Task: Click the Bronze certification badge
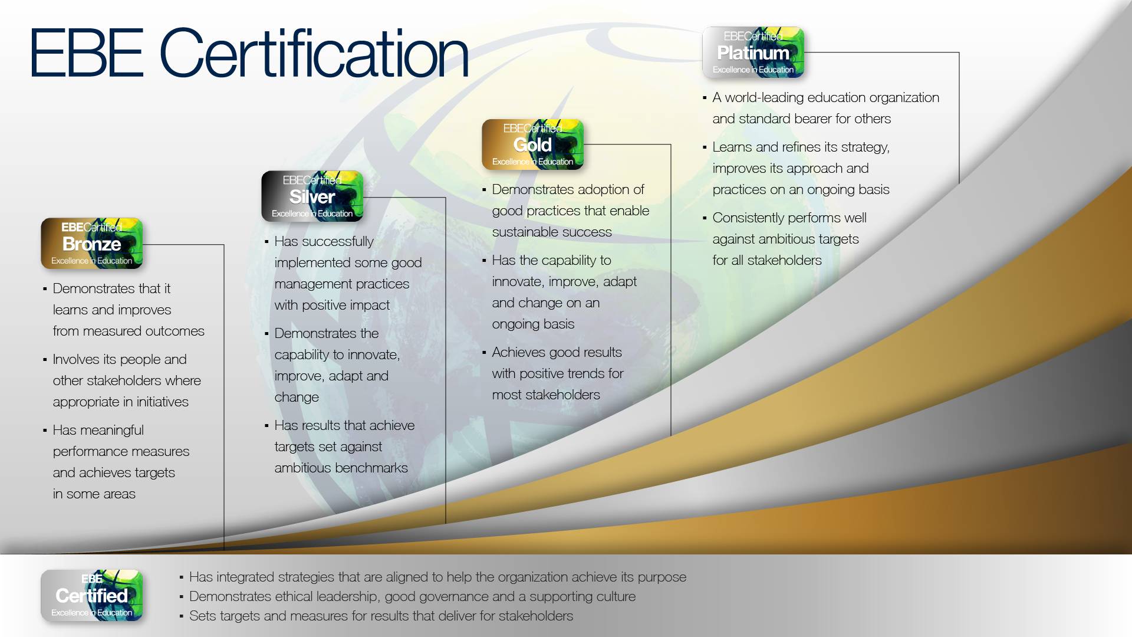pos(91,244)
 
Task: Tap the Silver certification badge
pos(312,196)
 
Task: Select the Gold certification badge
pos(532,145)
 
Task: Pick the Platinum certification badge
pos(753,52)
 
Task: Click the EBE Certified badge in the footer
pos(91,596)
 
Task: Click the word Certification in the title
pos(314,54)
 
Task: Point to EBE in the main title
pos(87,52)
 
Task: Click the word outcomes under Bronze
pos(175,331)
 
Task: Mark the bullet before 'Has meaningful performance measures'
pos(45,431)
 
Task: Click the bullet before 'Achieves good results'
pos(484,353)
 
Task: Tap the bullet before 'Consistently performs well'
pos(705,218)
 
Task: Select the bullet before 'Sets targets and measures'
pos(181,616)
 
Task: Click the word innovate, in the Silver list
pos(374,354)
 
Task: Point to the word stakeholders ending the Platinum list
pos(784,260)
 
